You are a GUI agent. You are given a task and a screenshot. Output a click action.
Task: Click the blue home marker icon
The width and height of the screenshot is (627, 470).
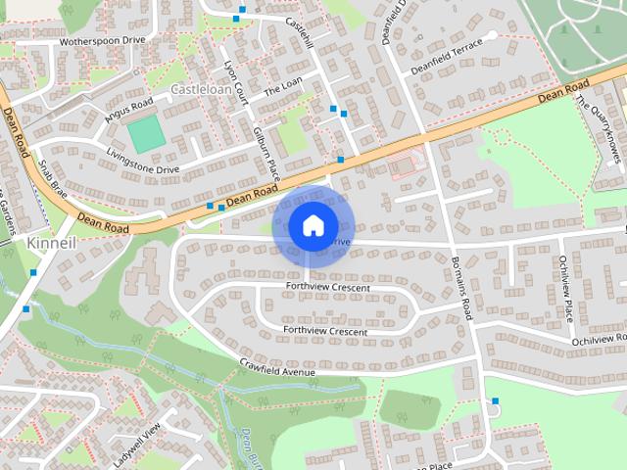tap(312, 225)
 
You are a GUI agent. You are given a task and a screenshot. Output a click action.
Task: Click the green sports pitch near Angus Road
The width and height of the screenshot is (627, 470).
tap(147, 134)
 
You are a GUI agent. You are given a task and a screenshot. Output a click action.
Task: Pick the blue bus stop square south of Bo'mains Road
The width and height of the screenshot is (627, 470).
tap(496, 401)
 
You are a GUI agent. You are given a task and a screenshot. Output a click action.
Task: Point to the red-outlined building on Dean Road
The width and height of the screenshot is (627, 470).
tap(404, 167)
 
